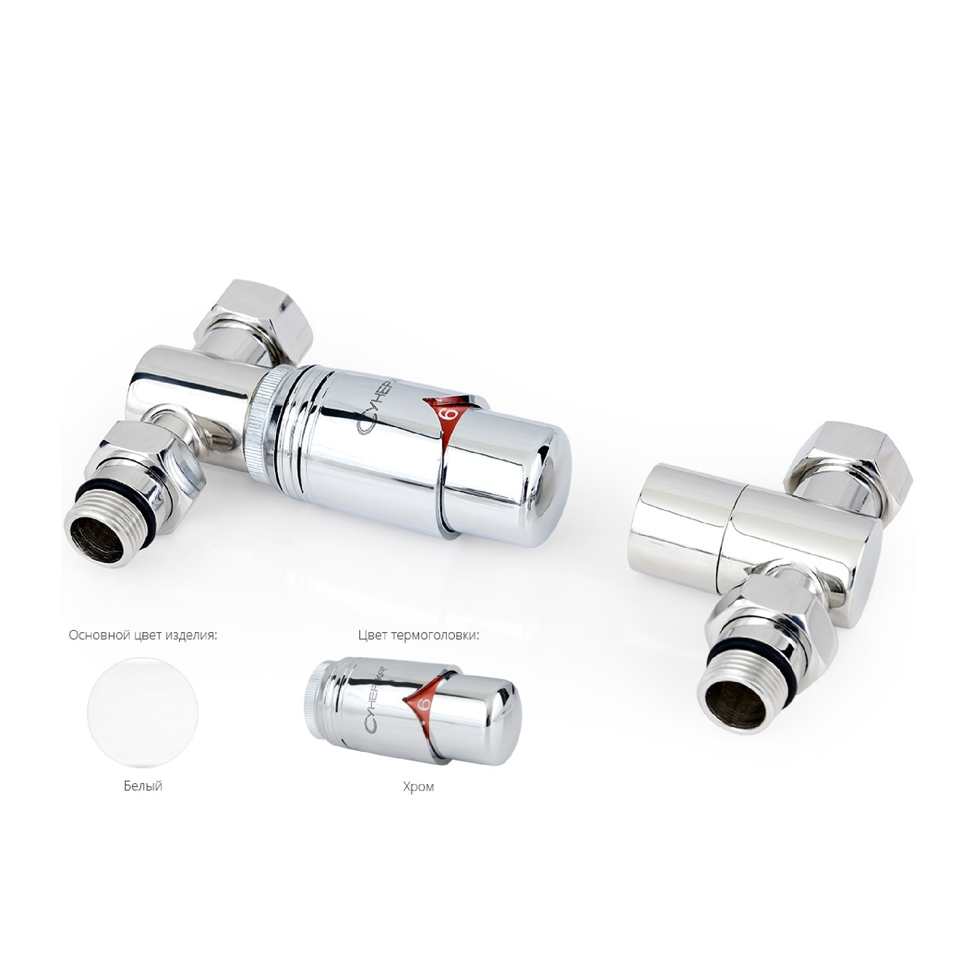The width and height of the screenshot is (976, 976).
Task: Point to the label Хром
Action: click(418, 787)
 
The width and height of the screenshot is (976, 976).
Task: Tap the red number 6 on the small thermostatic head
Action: click(423, 704)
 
